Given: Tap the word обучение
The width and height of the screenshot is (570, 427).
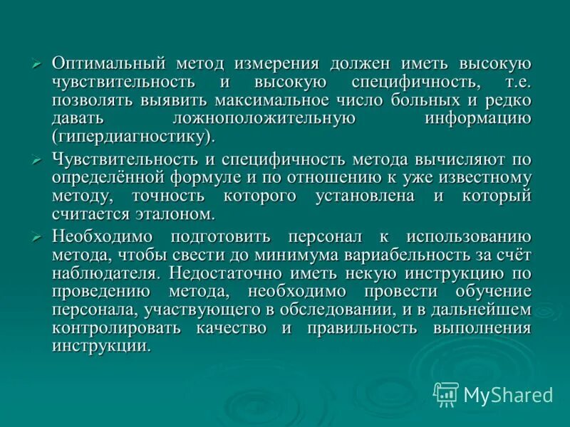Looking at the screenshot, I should click(x=492, y=291).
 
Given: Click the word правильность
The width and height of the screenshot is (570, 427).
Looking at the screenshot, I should click(x=361, y=327).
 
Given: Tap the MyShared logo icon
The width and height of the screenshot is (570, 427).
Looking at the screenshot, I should click(x=446, y=394).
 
